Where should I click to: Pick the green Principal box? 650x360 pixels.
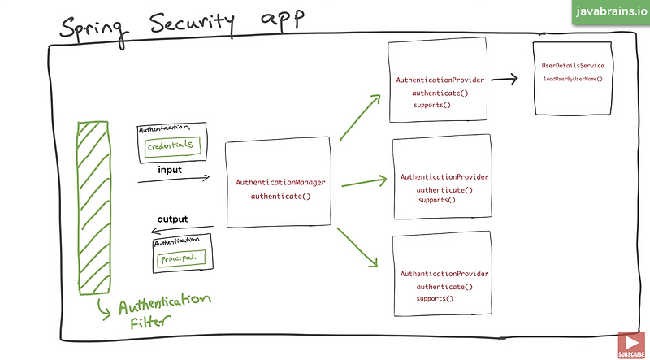click(x=180, y=259)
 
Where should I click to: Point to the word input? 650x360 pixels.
click(x=169, y=171)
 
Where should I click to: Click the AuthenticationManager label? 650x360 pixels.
click(x=280, y=183)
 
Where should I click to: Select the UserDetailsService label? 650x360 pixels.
click(x=573, y=65)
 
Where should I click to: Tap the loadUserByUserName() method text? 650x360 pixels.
click(x=573, y=79)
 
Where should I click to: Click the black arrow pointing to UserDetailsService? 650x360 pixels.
click(x=505, y=80)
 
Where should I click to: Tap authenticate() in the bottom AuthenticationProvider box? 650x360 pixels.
click(x=444, y=287)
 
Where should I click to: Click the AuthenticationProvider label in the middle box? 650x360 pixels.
click(x=444, y=176)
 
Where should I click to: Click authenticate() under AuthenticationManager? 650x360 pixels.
click(x=280, y=197)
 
